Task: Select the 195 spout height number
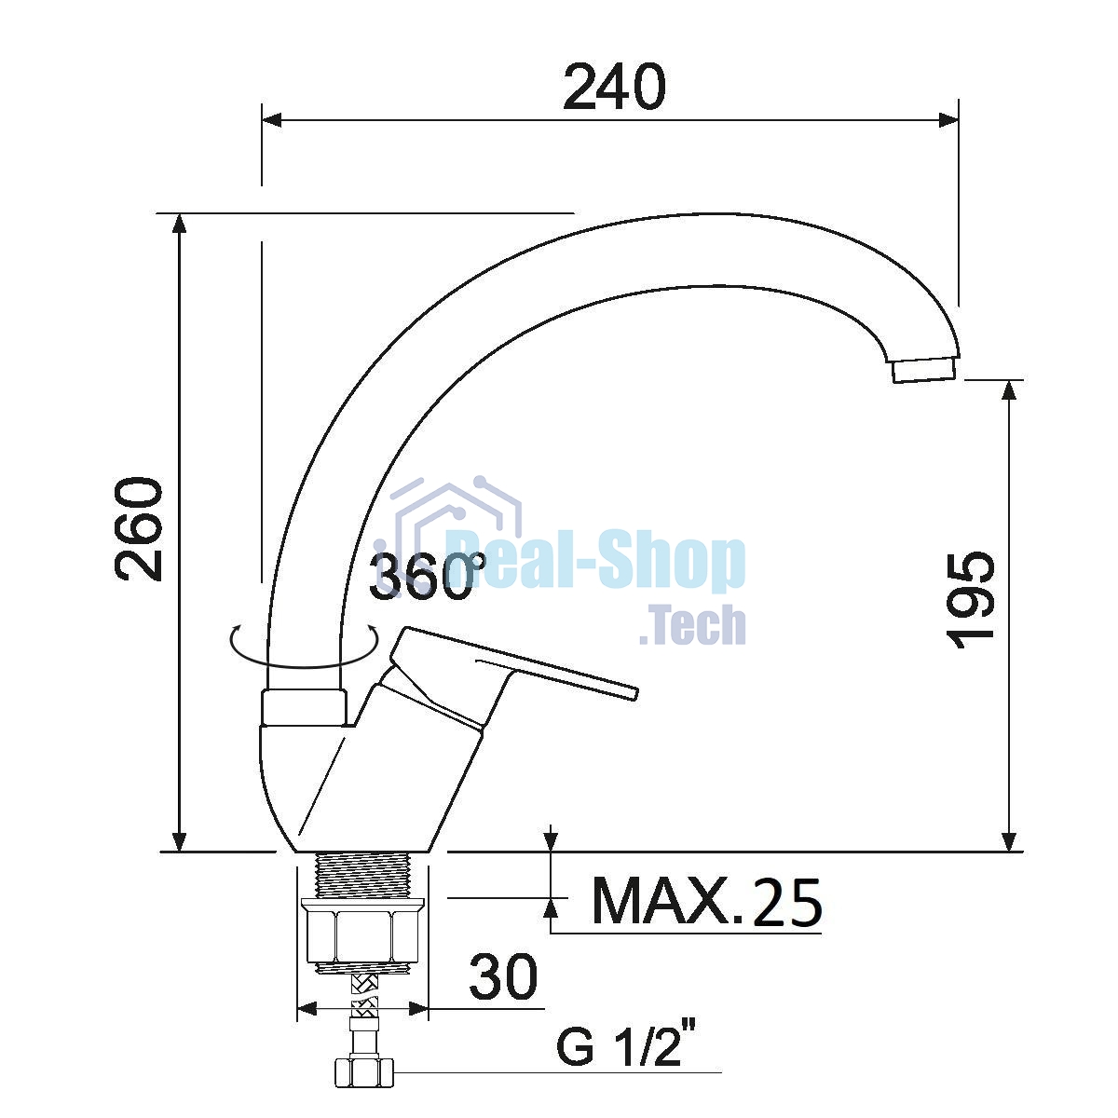[971, 600]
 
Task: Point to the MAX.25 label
[706, 901]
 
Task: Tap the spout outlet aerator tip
[925, 370]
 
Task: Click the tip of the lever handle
[634, 693]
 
